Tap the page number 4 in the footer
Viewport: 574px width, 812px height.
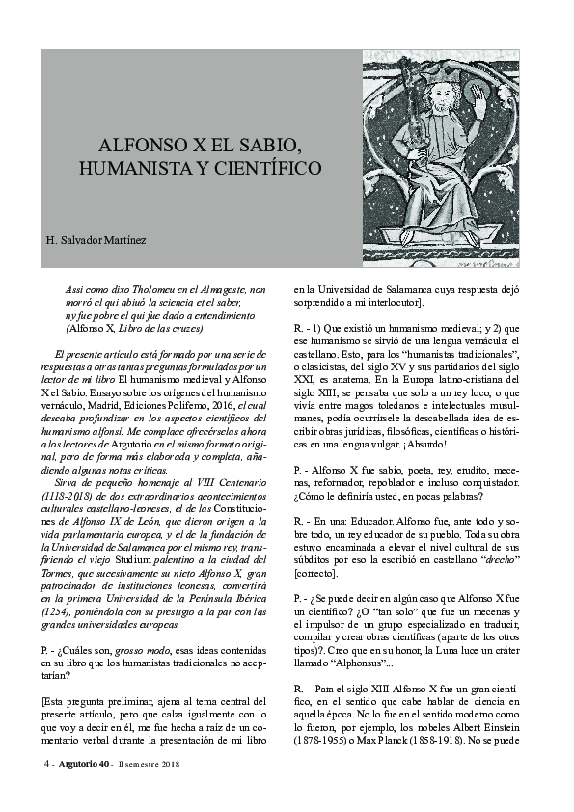pos(45,765)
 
